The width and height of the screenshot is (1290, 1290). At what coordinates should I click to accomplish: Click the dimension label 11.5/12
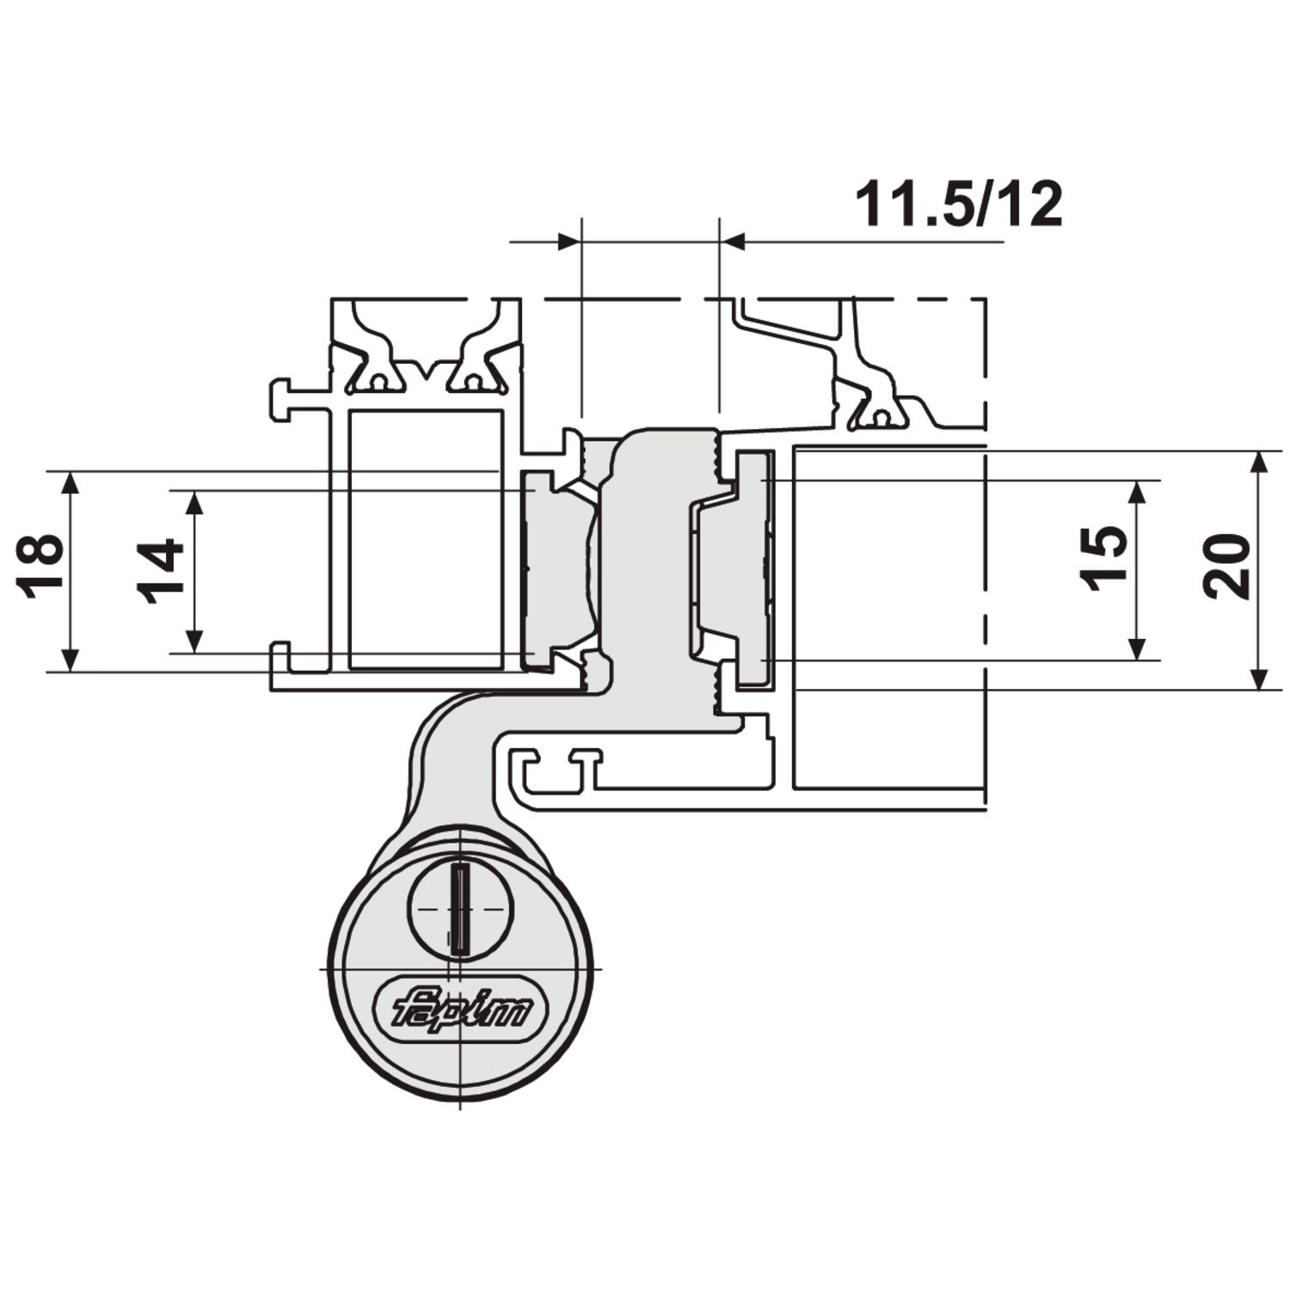pyautogui.click(x=959, y=206)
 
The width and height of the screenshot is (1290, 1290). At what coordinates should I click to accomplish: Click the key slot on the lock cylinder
pyautogui.click(x=462, y=909)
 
